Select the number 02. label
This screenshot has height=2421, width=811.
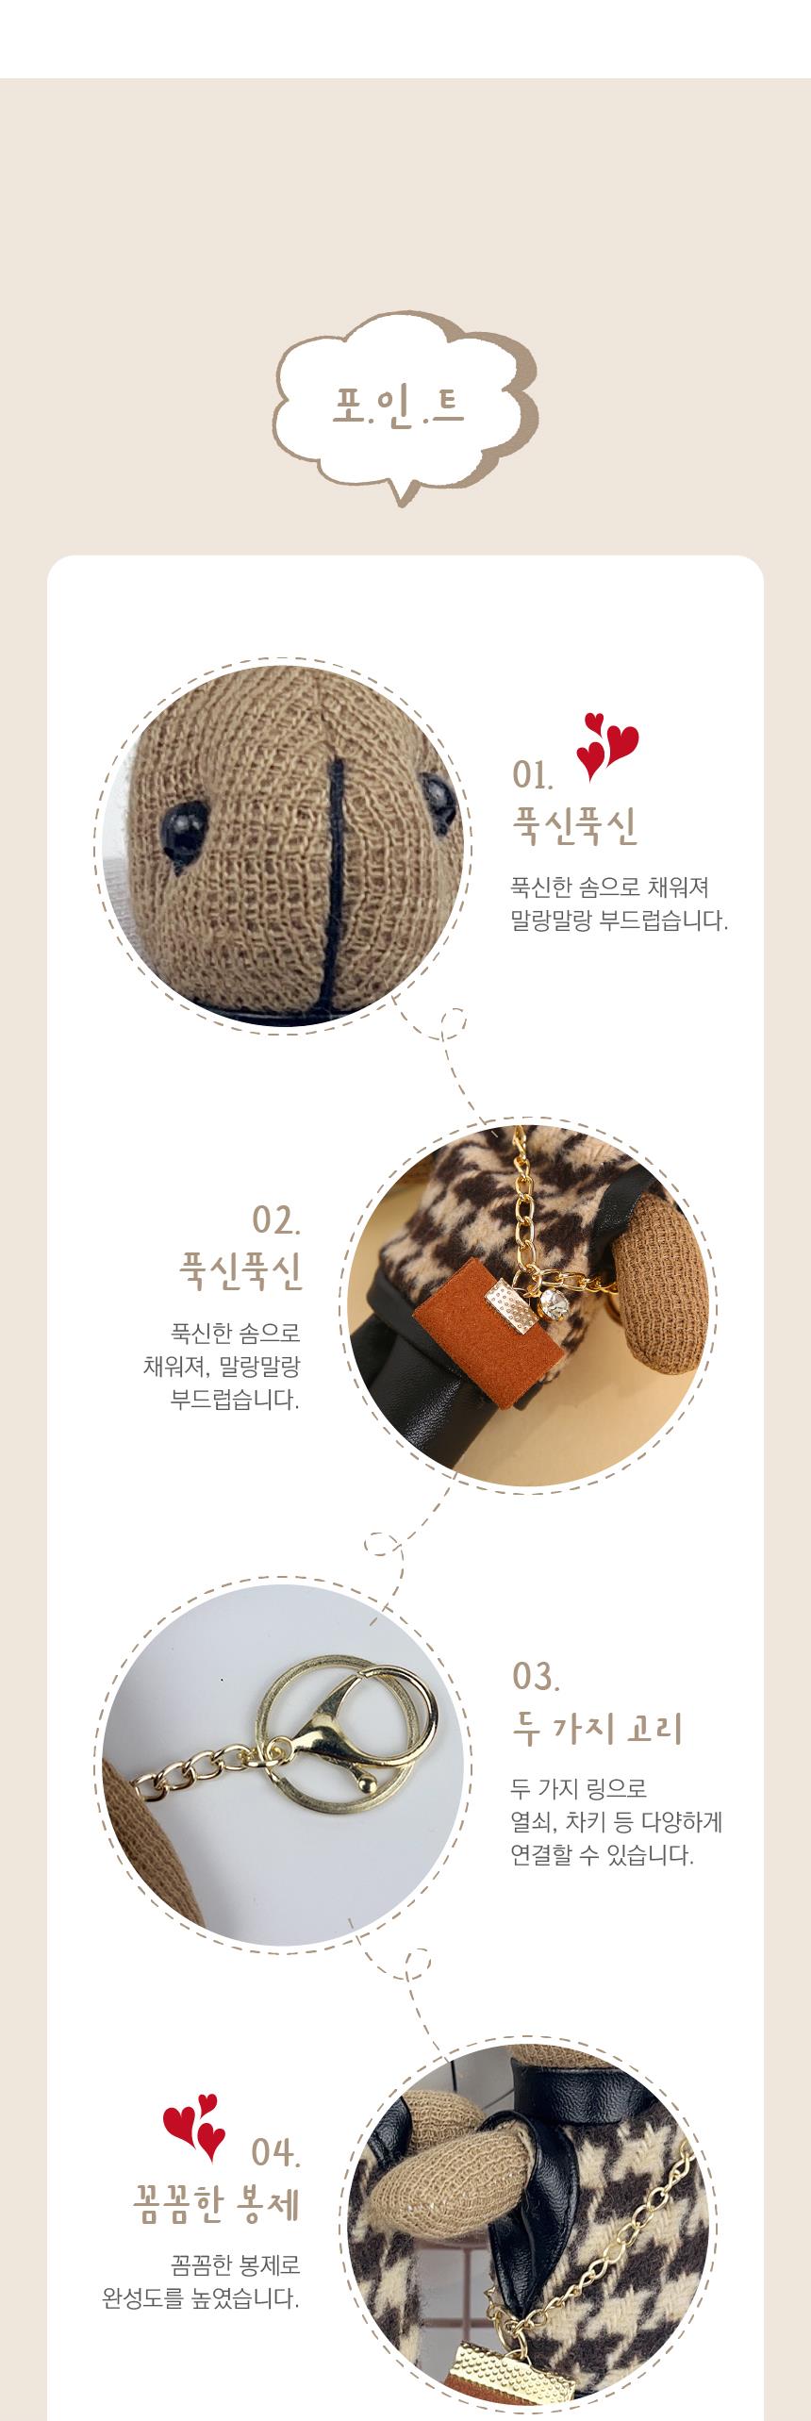pyautogui.click(x=276, y=1219)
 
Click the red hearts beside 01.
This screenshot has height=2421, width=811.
pyautogui.click(x=606, y=747)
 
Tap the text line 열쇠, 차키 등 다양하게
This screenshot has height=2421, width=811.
pyautogui.click(x=617, y=1821)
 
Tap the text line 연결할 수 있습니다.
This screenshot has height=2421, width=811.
pyautogui.click(x=603, y=1856)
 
